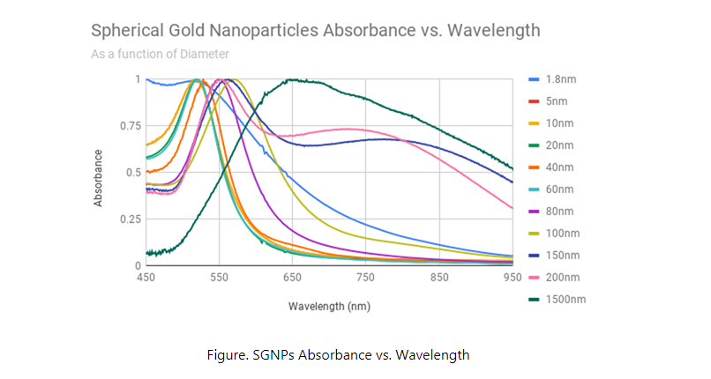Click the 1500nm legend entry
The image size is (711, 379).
click(x=567, y=300)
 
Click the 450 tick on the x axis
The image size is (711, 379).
click(x=146, y=278)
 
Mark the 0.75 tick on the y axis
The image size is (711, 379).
click(x=129, y=126)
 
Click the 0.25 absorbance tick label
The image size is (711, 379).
click(x=129, y=219)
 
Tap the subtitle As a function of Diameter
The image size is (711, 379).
click(x=160, y=54)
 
